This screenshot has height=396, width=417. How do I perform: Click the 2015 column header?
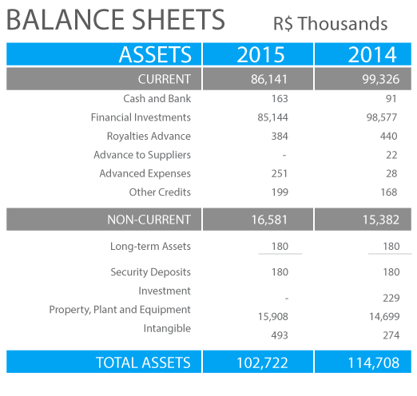(x=260, y=54)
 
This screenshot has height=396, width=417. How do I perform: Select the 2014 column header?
(x=372, y=54)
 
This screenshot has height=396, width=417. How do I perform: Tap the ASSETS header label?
(x=155, y=54)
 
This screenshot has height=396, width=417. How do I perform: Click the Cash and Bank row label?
(x=157, y=98)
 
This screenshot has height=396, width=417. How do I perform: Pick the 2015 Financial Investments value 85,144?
(x=272, y=117)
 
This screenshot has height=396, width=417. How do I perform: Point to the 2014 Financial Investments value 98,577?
(x=382, y=117)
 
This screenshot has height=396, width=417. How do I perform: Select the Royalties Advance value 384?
(x=280, y=136)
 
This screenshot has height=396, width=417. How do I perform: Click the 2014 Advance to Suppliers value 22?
(x=391, y=155)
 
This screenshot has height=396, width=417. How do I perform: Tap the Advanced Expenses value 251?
(x=280, y=173)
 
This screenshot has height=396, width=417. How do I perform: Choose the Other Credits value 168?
(x=389, y=192)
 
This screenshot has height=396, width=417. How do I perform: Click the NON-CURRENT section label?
(x=149, y=220)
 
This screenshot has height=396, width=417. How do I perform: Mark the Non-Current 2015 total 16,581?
(x=269, y=220)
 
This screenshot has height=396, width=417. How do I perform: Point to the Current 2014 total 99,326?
(x=381, y=79)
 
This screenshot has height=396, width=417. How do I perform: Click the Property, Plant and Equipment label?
(x=120, y=310)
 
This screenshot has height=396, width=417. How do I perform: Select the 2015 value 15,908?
(x=273, y=316)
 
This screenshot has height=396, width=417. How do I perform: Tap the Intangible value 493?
(x=280, y=335)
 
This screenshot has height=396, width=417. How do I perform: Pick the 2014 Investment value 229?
(x=391, y=298)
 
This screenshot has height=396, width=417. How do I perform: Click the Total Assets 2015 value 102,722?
(x=262, y=362)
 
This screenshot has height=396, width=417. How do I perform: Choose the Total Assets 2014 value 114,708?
(x=374, y=362)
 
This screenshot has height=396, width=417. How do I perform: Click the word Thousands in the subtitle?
(x=343, y=23)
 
